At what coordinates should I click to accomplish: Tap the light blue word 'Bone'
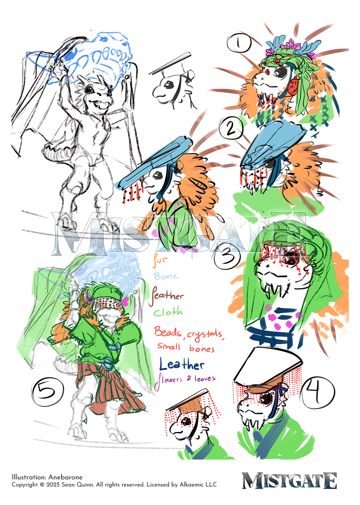click(x=166, y=276)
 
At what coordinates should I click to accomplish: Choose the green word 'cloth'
click(x=168, y=312)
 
